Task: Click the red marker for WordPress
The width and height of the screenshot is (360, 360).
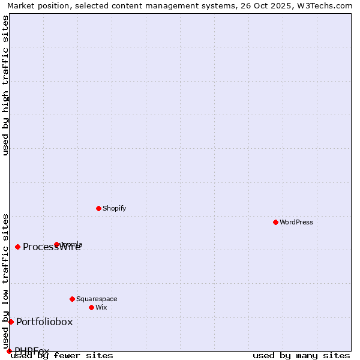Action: tap(275, 222)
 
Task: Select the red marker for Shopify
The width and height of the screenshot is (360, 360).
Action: tap(98, 208)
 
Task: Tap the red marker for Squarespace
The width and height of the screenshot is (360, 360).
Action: tap(72, 299)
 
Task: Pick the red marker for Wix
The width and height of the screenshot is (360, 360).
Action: tap(91, 307)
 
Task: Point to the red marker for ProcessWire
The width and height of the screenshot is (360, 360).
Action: tap(17, 247)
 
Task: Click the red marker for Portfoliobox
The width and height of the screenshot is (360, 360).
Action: tap(11, 322)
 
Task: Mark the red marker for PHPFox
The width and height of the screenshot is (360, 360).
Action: tap(9, 351)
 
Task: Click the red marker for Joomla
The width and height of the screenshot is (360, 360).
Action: tap(56, 244)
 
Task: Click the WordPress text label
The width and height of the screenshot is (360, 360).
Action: tap(296, 222)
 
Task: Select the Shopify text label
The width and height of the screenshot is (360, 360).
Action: tap(114, 208)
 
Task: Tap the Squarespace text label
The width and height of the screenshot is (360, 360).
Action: tap(97, 299)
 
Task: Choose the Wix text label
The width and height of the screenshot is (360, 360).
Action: tap(101, 307)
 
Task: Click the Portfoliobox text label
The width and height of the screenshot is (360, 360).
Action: tap(44, 322)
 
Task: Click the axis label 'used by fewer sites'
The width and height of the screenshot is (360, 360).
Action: tap(62, 355)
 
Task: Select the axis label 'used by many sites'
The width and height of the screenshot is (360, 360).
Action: tap(301, 355)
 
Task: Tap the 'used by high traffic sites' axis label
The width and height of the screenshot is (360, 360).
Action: tap(5, 85)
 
